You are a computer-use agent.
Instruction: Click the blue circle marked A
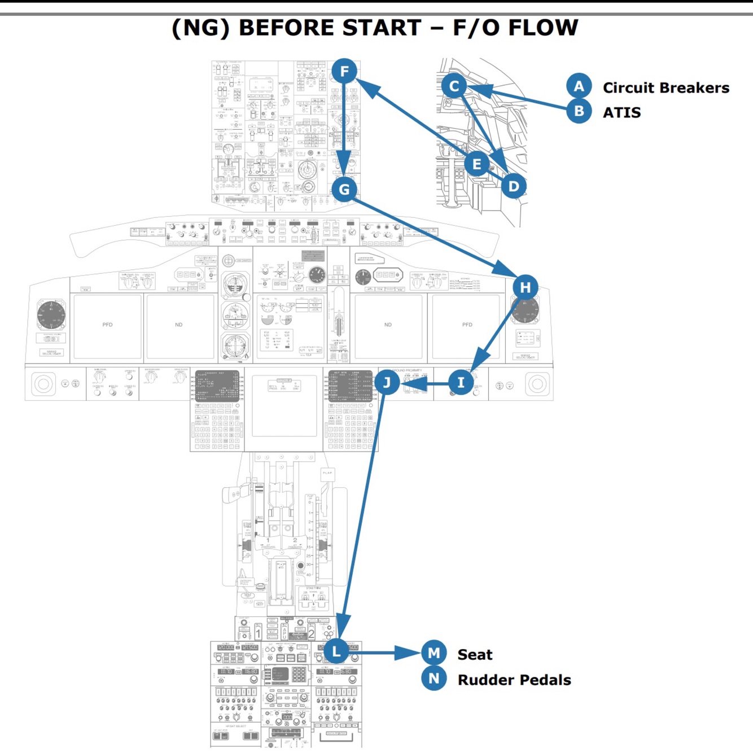click(579, 86)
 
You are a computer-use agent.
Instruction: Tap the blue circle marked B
click(579, 111)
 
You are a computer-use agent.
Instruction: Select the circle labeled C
click(454, 86)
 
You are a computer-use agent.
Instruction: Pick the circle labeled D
click(513, 186)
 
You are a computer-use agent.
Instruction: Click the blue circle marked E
click(477, 164)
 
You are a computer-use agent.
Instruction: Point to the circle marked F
click(344, 71)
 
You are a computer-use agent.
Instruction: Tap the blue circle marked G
click(344, 189)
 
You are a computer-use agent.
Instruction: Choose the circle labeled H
click(525, 287)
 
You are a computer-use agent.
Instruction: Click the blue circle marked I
click(461, 383)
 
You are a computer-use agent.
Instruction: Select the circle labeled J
click(387, 383)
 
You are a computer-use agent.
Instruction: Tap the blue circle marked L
click(336, 651)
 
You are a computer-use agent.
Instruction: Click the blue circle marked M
click(434, 653)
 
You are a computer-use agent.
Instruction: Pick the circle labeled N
click(434, 678)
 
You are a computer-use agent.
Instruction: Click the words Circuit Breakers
click(666, 88)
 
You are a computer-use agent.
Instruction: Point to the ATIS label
click(621, 113)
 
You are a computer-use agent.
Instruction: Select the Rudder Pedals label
click(514, 680)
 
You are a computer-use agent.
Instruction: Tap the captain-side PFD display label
click(107, 325)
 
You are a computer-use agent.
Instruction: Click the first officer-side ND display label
click(388, 325)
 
